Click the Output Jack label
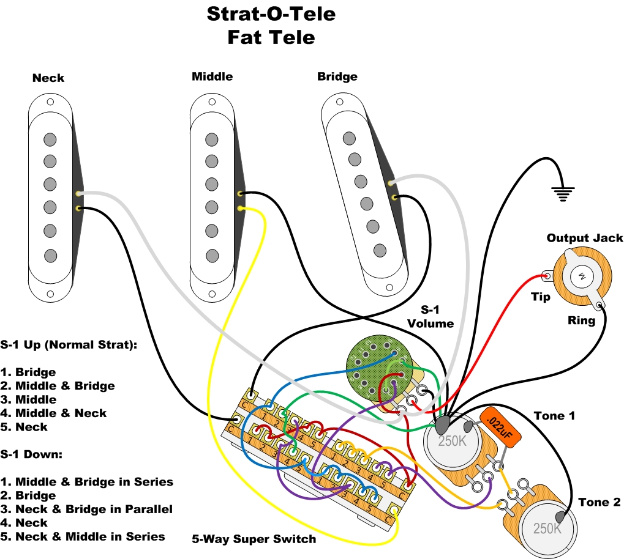click(585, 238)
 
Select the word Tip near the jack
click(541, 297)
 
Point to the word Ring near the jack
click(581, 320)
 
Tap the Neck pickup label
click(48, 78)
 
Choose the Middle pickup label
click(212, 76)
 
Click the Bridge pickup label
click(337, 76)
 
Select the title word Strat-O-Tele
click(271, 13)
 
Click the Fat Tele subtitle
click(271, 37)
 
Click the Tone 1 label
click(554, 416)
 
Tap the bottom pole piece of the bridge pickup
click(380, 250)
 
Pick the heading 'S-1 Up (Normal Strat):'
click(69, 344)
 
